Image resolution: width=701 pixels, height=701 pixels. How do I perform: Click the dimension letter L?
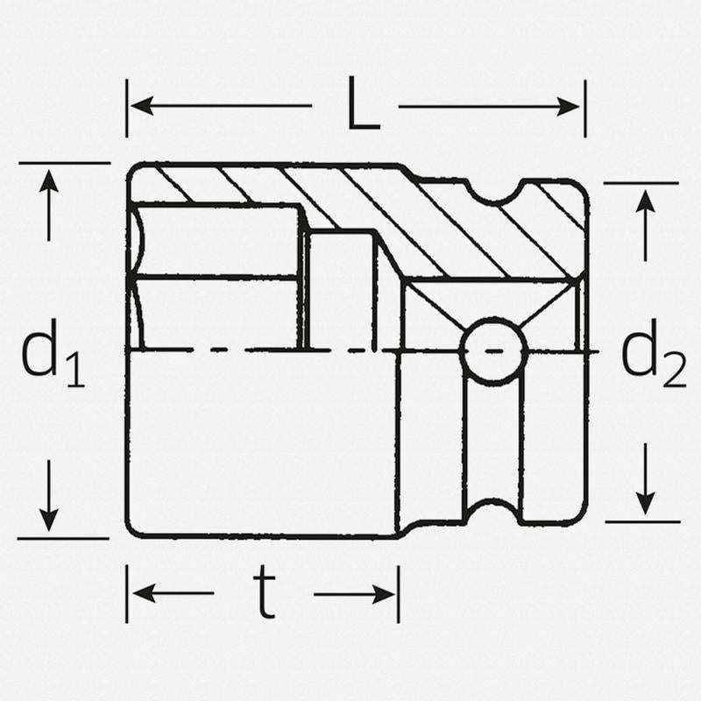[364, 103]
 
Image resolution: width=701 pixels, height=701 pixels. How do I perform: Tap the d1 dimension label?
[53, 353]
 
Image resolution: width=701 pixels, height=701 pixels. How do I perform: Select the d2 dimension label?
[653, 353]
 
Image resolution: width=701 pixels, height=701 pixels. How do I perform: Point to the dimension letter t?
[265, 591]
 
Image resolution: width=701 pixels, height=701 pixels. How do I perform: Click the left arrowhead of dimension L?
[142, 106]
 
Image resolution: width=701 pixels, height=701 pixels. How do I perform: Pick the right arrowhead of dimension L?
[568, 107]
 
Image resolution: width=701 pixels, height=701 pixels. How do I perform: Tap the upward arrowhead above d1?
[49, 181]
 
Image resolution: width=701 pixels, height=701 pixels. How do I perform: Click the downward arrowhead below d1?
[49, 520]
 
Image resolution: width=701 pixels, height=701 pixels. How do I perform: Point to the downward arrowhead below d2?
[645, 503]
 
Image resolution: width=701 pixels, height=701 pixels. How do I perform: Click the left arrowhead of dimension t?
[145, 593]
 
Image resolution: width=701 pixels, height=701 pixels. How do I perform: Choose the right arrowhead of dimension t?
[385, 594]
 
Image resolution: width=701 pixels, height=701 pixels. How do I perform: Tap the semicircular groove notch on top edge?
[494, 192]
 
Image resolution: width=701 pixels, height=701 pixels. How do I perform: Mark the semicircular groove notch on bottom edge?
[492, 512]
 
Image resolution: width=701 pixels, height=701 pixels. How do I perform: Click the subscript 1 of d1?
[75, 369]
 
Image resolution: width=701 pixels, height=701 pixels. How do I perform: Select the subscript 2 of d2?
[674, 370]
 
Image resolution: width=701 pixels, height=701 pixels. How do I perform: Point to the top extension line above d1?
[64, 163]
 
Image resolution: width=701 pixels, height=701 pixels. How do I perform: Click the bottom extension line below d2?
[643, 521]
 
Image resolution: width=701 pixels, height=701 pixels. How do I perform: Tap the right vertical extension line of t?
[399, 594]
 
